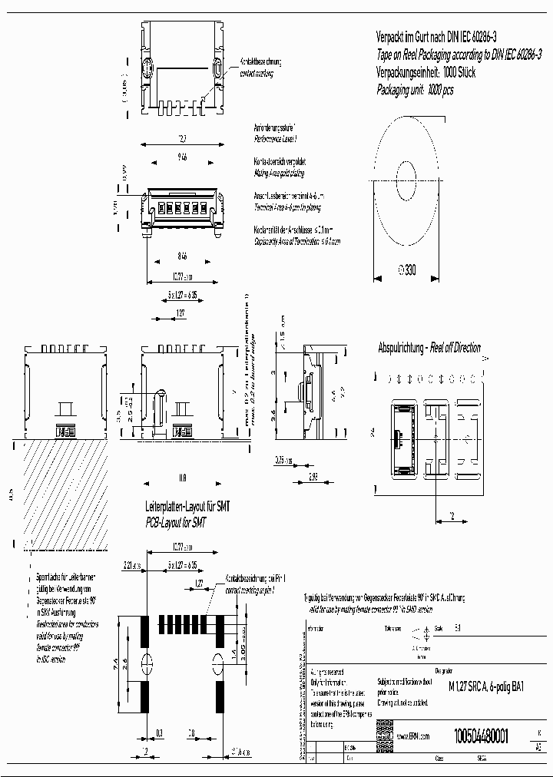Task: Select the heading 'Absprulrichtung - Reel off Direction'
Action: [429, 348]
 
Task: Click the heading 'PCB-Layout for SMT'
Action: [177, 521]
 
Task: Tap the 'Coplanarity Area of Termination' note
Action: [296, 240]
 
